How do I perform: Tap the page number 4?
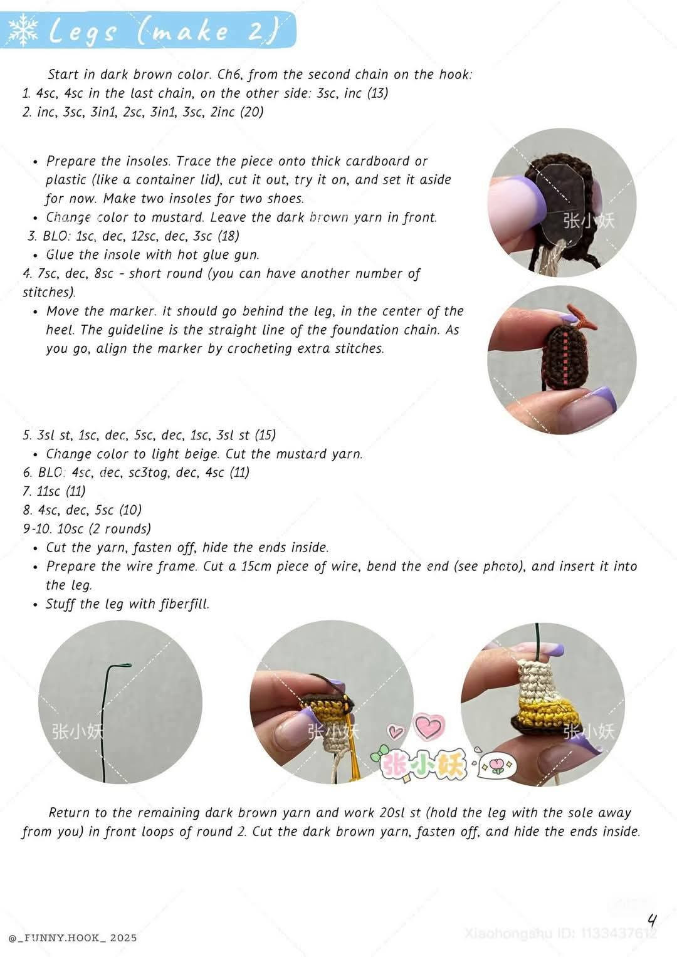pos(652,921)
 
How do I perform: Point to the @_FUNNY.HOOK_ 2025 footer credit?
pos(73,938)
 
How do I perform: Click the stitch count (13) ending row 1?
pos(377,93)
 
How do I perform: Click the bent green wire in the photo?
pos(113,702)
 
